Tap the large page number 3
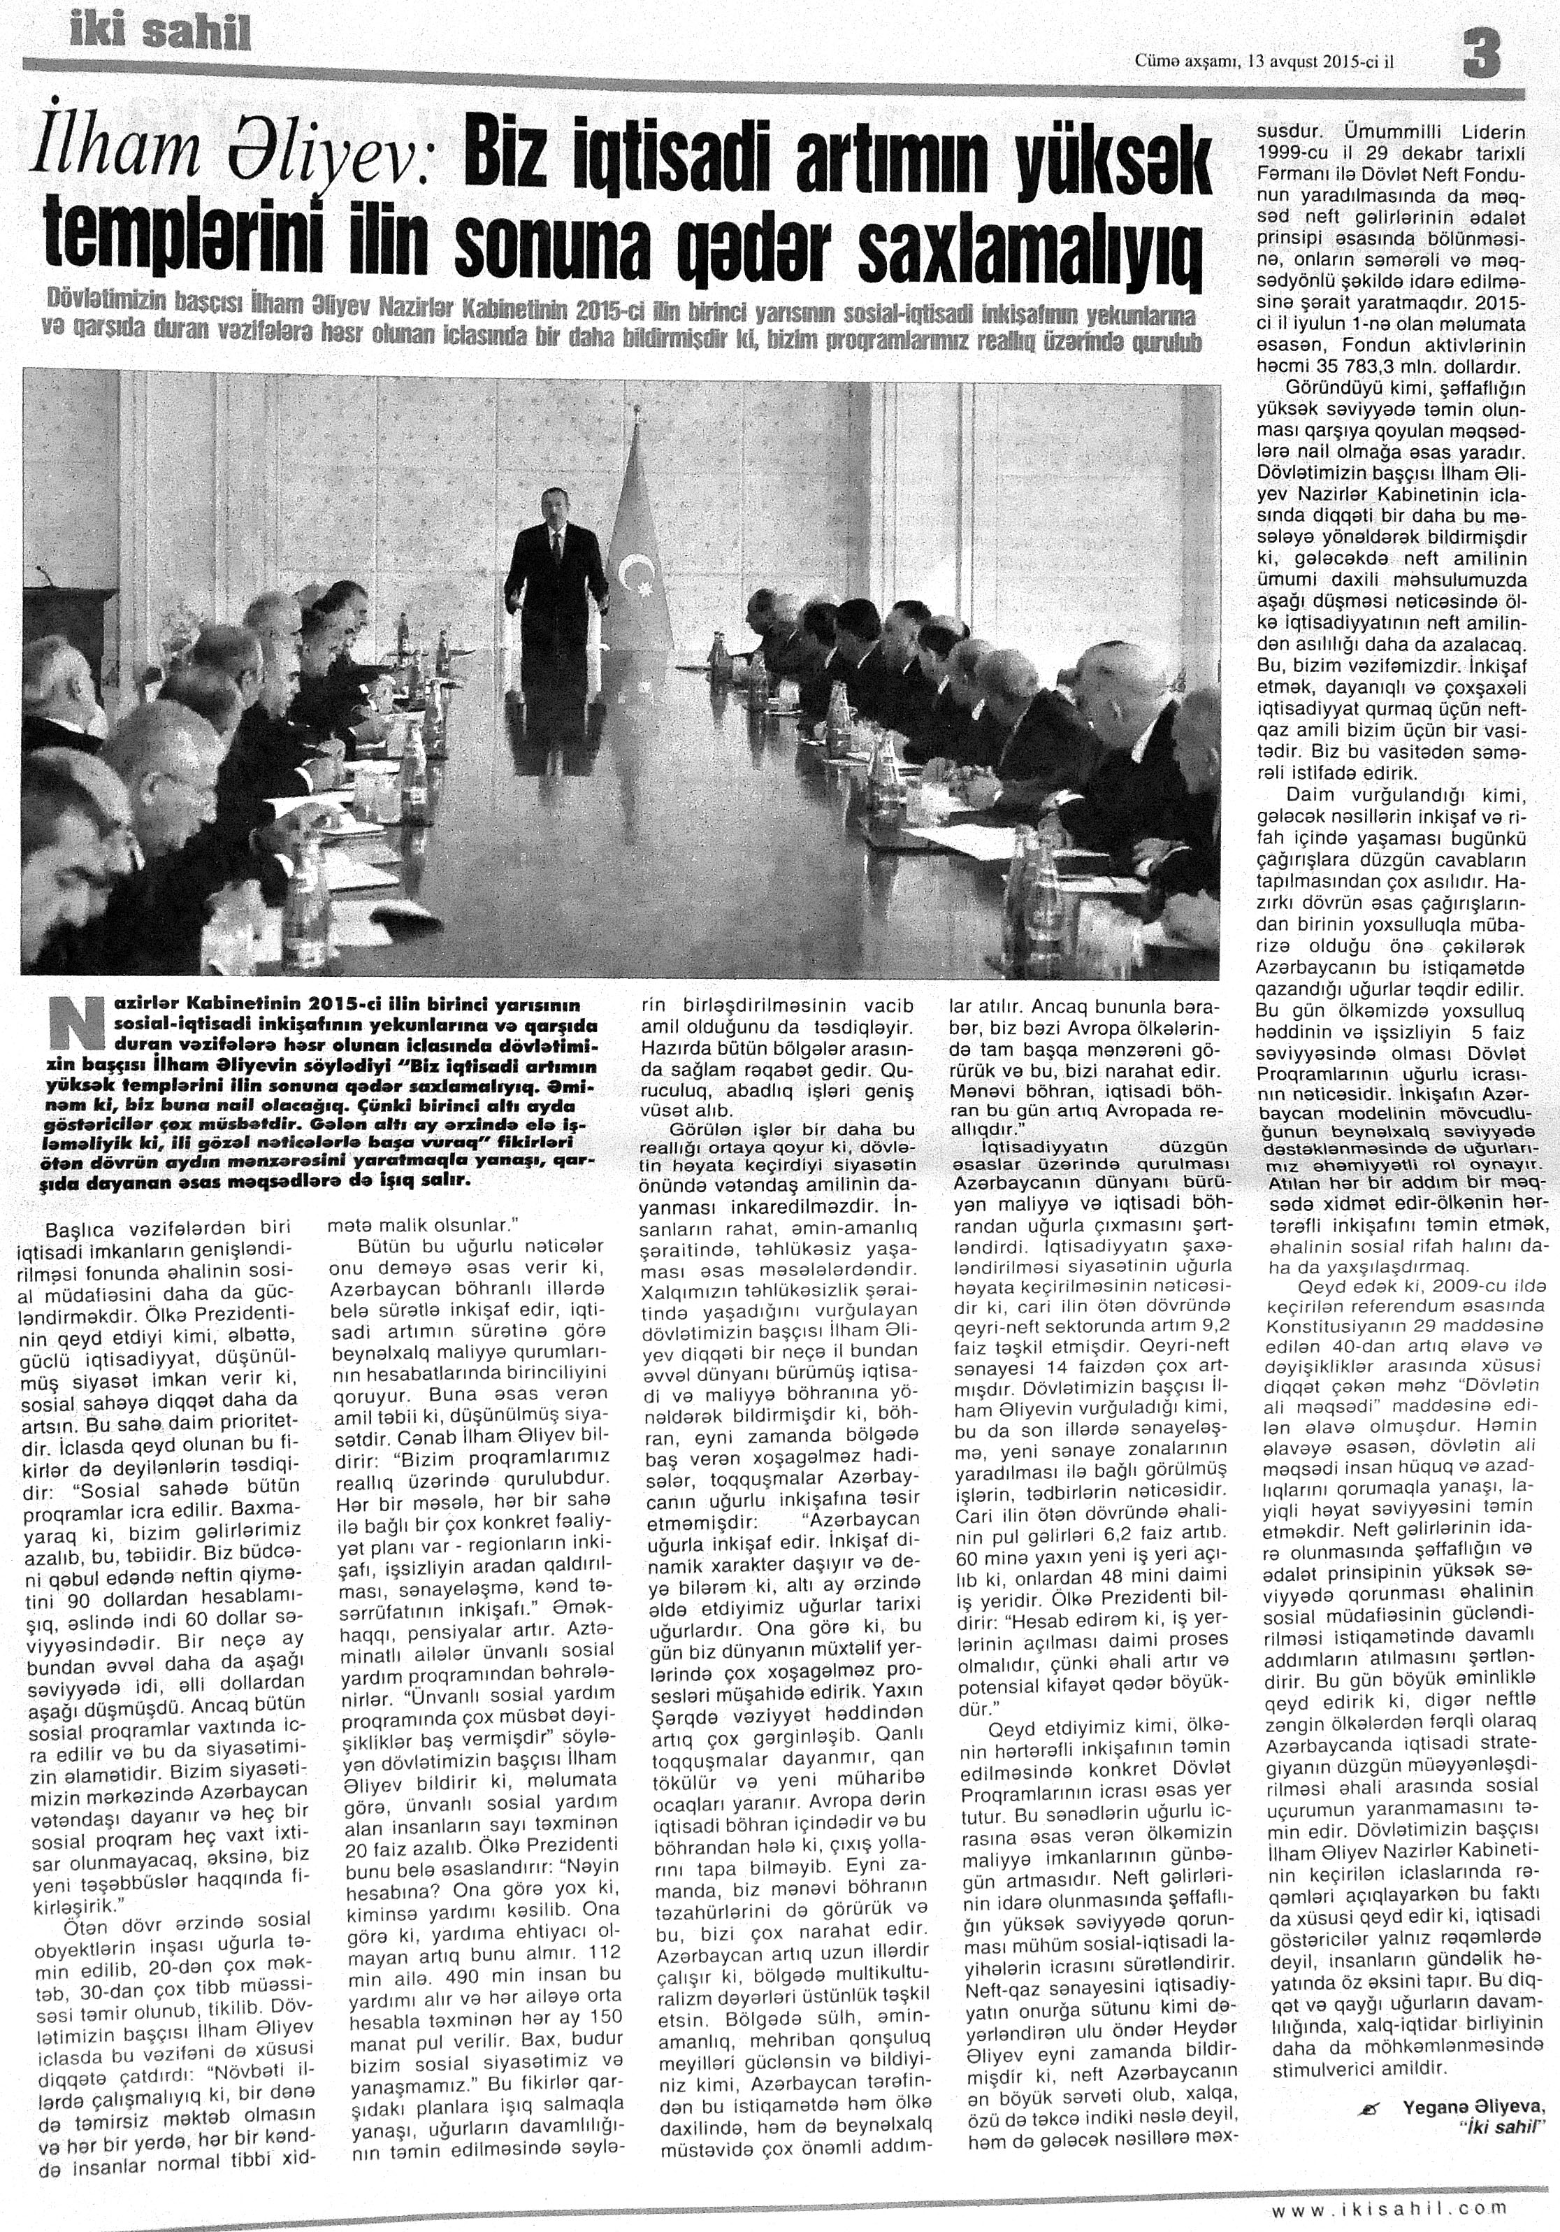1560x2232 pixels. tap(1481, 55)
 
